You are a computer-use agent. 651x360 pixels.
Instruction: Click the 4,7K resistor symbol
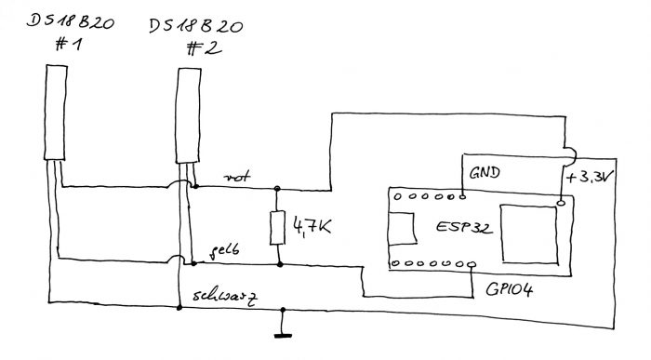(x=275, y=227)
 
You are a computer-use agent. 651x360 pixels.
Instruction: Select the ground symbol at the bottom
(x=277, y=332)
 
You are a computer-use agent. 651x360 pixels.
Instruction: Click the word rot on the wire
(x=234, y=175)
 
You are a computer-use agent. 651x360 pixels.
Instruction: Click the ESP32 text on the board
(x=462, y=227)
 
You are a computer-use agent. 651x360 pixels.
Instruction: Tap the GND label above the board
(x=486, y=173)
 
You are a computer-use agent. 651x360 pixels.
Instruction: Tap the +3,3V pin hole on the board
(x=560, y=201)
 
